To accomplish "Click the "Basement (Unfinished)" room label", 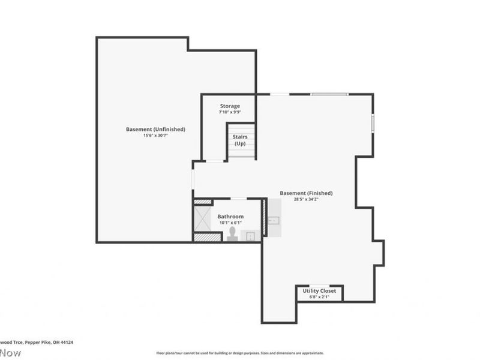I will (155, 129).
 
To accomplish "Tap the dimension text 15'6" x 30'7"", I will (155, 136).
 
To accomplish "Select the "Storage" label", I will (229, 106).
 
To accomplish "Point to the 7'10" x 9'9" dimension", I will (229, 113).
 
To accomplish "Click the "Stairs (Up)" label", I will (240, 140).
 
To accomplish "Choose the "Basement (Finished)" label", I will (306, 193).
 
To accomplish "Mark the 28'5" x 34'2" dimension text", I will (306, 200).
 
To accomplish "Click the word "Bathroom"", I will (230, 217).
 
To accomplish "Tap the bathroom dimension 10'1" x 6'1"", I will (230, 223).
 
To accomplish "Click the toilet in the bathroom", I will (233, 234).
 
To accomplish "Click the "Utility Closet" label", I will (319, 290).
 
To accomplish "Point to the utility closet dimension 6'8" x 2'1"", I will (319, 297).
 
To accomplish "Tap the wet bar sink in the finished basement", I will (274, 220).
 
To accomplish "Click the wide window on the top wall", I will (328, 94).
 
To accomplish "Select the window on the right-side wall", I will (373, 123).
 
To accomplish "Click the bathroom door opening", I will (238, 199).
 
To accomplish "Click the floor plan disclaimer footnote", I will (240, 353).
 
